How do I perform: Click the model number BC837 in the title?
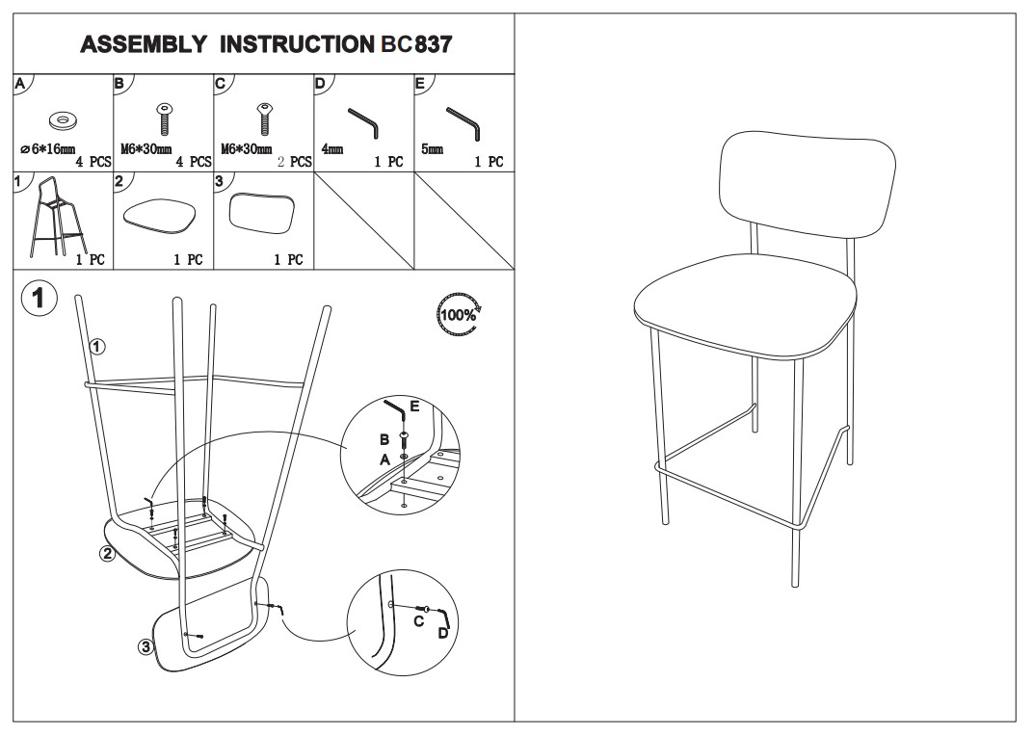click(417, 44)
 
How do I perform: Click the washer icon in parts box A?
click(62, 119)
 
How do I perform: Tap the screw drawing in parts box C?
click(263, 119)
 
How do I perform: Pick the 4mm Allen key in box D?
click(363, 122)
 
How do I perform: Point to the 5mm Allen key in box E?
click(464, 123)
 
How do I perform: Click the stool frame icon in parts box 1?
click(56, 218)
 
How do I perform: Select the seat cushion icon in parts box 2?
click(162, 214)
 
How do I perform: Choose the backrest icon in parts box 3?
click(261, 213)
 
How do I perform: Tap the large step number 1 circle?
click(40, 298)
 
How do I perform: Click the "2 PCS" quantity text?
click(294, 162)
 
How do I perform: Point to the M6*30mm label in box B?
click(146, 149)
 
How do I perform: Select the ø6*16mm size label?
click(47, 149)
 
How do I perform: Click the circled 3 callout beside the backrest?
click(146, 646)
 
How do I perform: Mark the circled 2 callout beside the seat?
click(107, 554)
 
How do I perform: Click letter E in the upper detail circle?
click(414, 407)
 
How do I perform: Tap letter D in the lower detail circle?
click(443, 633)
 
